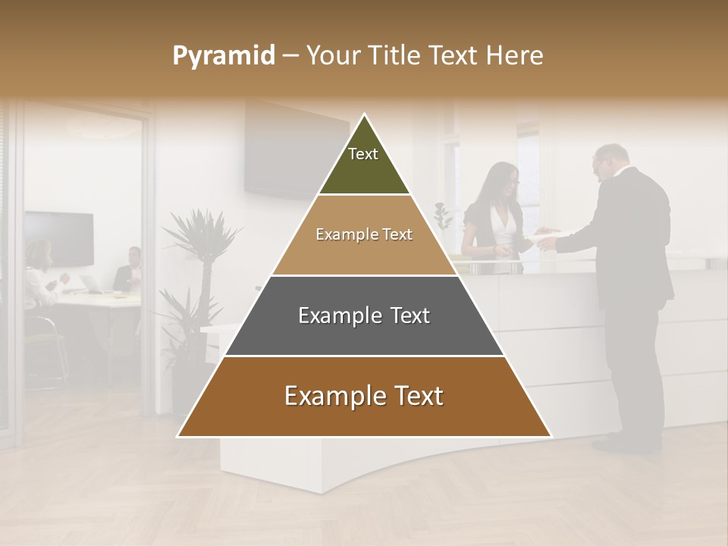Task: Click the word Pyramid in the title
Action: pyautogui.click(x=224, y=56)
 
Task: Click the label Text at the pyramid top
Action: pyautogui.click(x=363, y=154)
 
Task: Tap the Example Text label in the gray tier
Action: pyautogui.click(x=364, y=315)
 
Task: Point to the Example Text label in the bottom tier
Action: pyautogui.click(x=364, y=396)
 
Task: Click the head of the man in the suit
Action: pyautogui.click(x=612, y=161)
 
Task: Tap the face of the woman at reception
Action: pyautogui.click(x=508, y=180)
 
